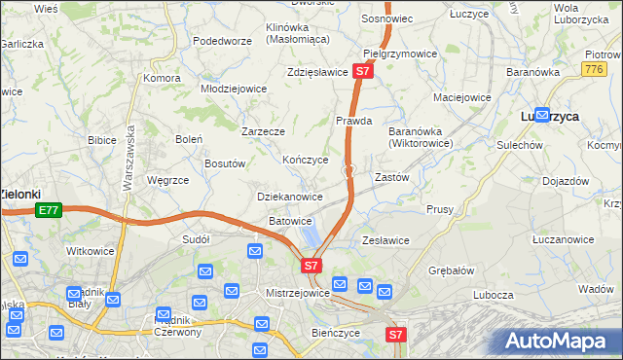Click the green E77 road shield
[x=48, y=209]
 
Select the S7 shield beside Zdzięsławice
[x=362, y=71]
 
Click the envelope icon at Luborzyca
[x=541, y=114]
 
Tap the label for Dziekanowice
[x=289, y=197]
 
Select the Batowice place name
[x=290, y=221]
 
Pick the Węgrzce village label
[x=166, y=180]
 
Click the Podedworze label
[x=222, y=41]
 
